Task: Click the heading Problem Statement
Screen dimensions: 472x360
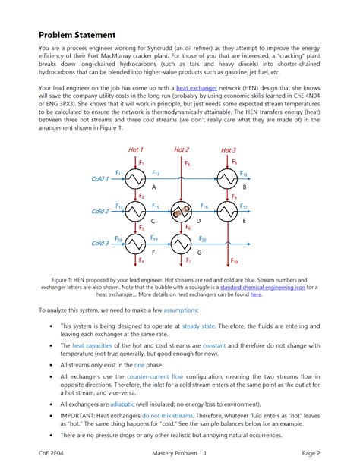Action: [x=77, y=35]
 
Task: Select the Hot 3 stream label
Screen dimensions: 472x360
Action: [x=228, y=150]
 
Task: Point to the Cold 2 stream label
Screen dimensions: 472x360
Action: [x=100, y=211]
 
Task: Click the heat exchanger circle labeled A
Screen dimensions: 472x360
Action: [x=135, y=179]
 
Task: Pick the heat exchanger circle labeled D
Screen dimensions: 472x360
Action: [x=181, y=212]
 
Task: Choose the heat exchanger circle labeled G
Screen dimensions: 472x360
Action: [x=181, y=244]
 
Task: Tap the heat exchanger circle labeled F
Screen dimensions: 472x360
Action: [x=135, y=244]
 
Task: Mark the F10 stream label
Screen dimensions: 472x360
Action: [x=234, y=262]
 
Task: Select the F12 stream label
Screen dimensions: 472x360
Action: [x=156, y=174]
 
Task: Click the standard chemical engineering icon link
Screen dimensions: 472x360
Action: [x=242, y=287]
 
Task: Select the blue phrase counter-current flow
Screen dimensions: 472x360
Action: [x=160, y=376]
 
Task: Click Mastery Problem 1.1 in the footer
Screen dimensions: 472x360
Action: [x=179, y=454]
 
